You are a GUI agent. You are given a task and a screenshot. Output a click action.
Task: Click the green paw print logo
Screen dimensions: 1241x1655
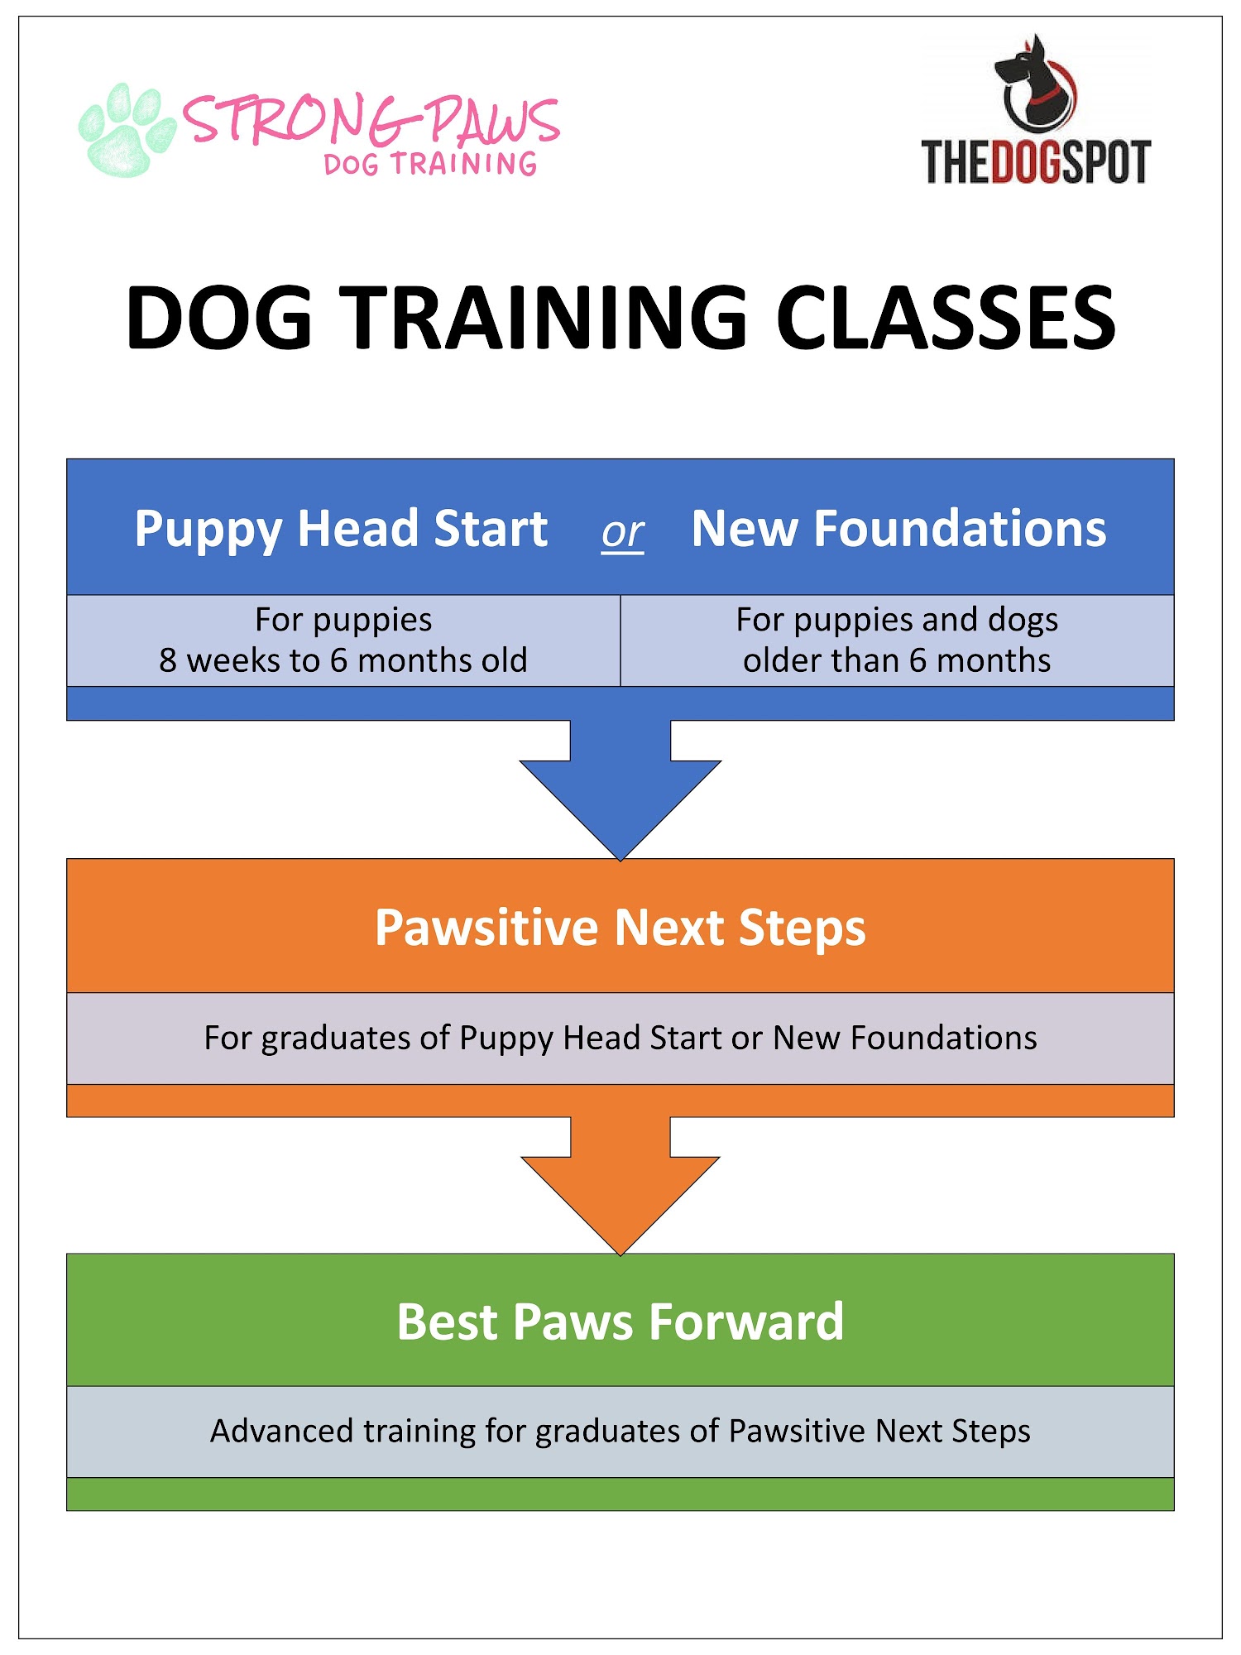coord(127,130)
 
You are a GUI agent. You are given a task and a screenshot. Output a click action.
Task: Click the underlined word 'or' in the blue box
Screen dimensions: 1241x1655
coord(623,532)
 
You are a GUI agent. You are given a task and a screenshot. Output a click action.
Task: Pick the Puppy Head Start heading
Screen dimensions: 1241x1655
coord(341,530)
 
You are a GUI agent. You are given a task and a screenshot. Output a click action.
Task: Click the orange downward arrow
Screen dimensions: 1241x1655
coord(620,1185)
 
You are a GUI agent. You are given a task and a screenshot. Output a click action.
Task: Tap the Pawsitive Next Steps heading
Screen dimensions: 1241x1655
coord(620,928)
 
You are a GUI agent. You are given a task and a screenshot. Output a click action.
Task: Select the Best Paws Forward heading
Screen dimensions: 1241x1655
coord(620,1322)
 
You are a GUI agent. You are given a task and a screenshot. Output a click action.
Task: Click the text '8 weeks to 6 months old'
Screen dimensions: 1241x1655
coord(343,660)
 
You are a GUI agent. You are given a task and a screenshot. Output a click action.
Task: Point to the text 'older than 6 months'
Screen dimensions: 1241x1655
coord(897,660)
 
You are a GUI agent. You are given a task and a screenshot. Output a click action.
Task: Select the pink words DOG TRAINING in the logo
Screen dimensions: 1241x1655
coord(430,164)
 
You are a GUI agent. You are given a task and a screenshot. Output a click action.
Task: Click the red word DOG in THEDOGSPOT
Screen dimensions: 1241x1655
coord(1026,161)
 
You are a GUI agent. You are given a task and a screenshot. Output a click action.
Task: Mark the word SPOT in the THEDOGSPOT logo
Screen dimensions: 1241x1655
coord(1106,161)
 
